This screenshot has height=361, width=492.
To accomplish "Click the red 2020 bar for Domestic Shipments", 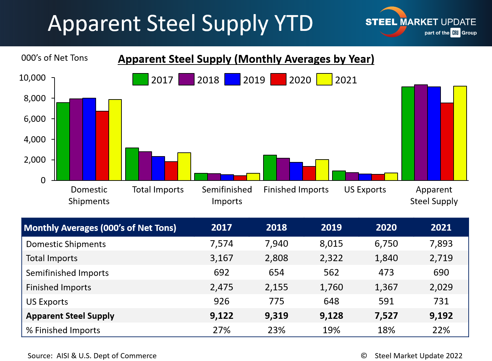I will point(102,146).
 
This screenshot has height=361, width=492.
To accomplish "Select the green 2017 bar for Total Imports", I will point(132,164).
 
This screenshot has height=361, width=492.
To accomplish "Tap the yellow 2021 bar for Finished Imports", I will point(322,170).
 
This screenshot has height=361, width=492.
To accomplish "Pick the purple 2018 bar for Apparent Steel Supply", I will point(421,132).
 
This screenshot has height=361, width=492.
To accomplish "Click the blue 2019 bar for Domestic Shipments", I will point(89,139).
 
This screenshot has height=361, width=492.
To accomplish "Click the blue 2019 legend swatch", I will point(232,79).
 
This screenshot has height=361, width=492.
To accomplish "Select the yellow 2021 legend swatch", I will point(324,79).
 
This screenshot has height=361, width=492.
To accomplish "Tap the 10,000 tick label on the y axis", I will point(33,78).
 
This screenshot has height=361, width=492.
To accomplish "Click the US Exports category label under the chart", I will point(365,190).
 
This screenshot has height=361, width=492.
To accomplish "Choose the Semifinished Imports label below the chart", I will point(227,195).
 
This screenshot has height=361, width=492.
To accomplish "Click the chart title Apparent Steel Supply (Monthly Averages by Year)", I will point(246,59).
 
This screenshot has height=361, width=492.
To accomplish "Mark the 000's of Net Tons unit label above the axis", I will point(55,58).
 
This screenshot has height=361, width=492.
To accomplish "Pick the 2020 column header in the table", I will point(386,228).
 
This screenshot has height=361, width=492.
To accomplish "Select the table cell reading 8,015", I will point(331,244).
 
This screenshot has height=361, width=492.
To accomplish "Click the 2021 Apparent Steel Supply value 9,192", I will point(441,316).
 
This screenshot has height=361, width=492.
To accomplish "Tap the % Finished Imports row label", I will point(63,330).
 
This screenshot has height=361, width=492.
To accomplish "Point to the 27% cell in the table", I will point(222,330).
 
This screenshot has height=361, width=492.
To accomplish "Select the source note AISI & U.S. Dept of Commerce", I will point(92,356).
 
